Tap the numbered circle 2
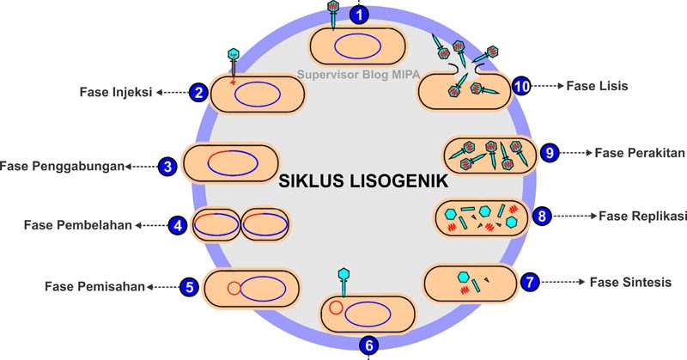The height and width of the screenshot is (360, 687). click(x=198, y=92)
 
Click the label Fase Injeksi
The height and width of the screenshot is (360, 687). click(x=115, y=92)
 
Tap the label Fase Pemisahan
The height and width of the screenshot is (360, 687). click(x=94, y=286)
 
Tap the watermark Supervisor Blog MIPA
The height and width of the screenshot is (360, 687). click(x=354, y=74)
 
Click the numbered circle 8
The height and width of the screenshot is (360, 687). click(x=541, y=216)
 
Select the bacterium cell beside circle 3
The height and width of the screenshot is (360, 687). click(x=231, y=164)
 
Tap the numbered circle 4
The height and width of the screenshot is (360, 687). click(x=178, y=226)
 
